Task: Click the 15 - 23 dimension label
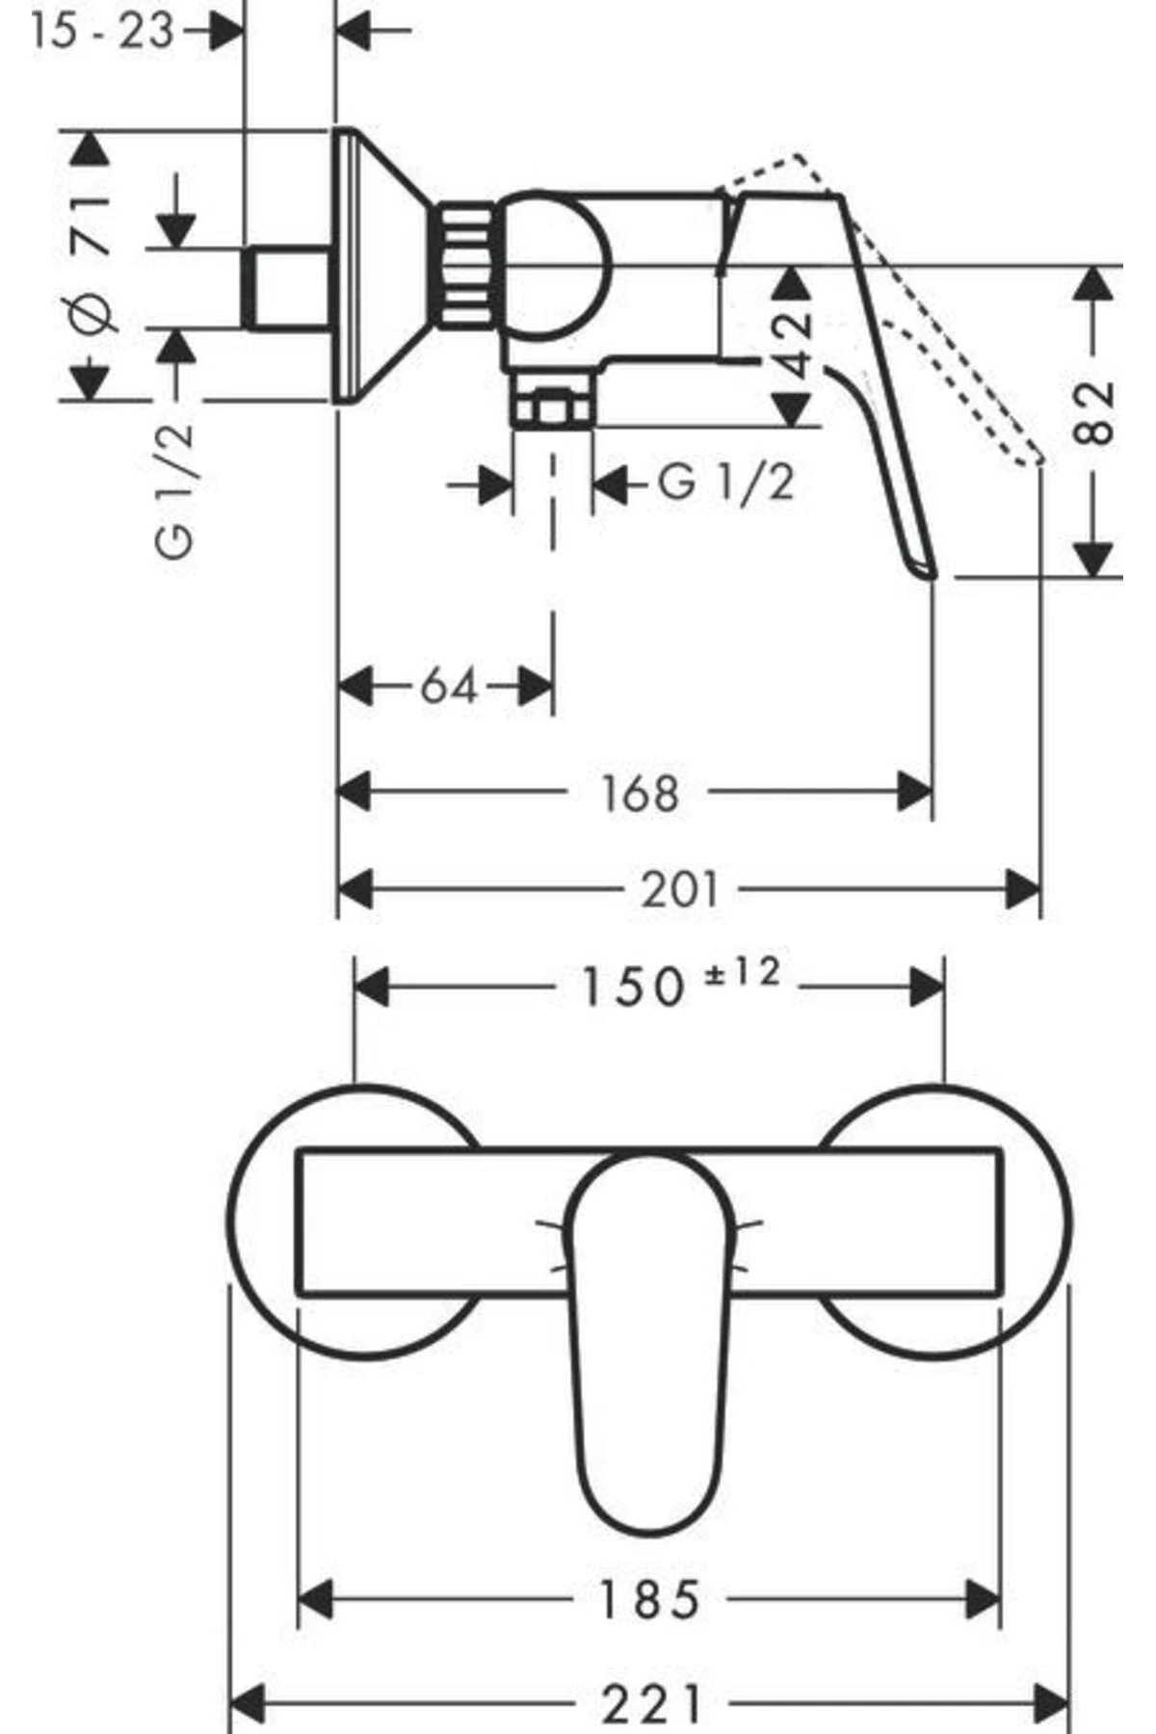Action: [x=102, y=32]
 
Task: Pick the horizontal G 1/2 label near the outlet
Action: [x=726, y=482]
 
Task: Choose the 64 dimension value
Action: [x=449, y=687]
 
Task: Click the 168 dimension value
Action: [x=640, y=793]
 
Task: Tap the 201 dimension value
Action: [x=680, y=889]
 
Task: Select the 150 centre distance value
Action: [x=632, y=987]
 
